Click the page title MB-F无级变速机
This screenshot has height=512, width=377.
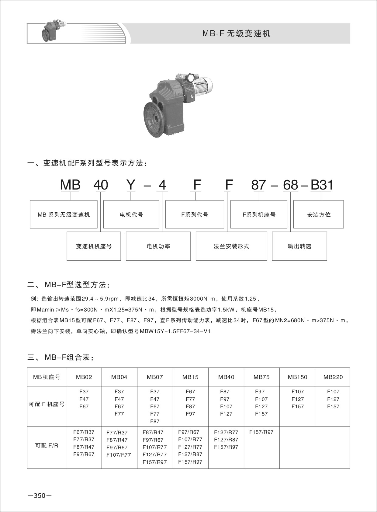[x=236, y=33]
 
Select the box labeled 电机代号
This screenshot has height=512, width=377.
[x=131, y=214]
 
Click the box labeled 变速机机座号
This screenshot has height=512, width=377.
[x=94, y=246]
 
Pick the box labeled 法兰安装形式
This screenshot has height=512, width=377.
[x=231, y=246]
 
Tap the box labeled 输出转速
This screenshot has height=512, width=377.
[x=299, y=246]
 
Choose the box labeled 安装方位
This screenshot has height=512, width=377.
[x=318, y=214]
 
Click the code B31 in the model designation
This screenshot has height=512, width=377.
[x=321, y=185]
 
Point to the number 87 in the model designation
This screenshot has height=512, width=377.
[x=259, y=185]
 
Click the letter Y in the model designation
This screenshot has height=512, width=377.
[x=131, y=185]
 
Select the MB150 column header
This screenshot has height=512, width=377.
[x=297, y=377]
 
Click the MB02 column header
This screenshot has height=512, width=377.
[x=84, y=377]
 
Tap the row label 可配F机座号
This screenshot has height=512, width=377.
[x=47, y=404]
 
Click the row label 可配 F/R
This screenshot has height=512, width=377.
[x=47, y=446]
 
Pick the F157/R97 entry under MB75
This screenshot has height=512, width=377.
[x=261, y=432]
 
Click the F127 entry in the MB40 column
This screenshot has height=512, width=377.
[x=226, y=414]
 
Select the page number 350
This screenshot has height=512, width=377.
[x=40, y=496]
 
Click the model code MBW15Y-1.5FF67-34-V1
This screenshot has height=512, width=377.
[x=175, y=331]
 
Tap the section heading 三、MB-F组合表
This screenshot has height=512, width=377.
[x=61, y=357]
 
